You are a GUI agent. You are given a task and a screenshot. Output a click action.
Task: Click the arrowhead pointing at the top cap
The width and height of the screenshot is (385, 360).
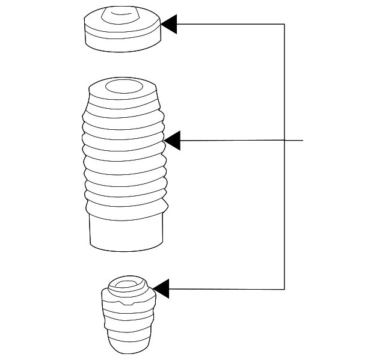[168, 25]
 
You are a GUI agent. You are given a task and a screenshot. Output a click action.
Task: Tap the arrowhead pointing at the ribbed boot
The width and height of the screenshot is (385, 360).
[172, 141]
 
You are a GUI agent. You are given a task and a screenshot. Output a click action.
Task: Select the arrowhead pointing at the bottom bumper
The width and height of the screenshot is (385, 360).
[161, 288]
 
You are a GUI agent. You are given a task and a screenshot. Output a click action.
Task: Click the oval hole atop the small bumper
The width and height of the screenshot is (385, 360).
[127, 284]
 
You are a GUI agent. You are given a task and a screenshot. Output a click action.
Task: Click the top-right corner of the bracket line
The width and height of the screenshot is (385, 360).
[284, 25]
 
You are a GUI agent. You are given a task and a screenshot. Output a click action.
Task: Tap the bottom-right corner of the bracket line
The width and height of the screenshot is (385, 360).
[284, 289]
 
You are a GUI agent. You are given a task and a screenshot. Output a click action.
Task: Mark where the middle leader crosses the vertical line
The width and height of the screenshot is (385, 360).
[284, 141]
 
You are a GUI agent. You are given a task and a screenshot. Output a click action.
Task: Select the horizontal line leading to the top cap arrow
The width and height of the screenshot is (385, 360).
[229, 25]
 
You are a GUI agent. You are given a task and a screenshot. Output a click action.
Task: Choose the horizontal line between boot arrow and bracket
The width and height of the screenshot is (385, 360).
[232, 141]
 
